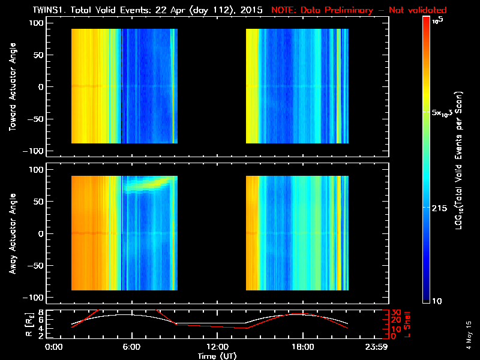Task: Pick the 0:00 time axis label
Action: (55, 347)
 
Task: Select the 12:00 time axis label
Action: (217, 347)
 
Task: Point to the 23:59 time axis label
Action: (377, 347)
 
